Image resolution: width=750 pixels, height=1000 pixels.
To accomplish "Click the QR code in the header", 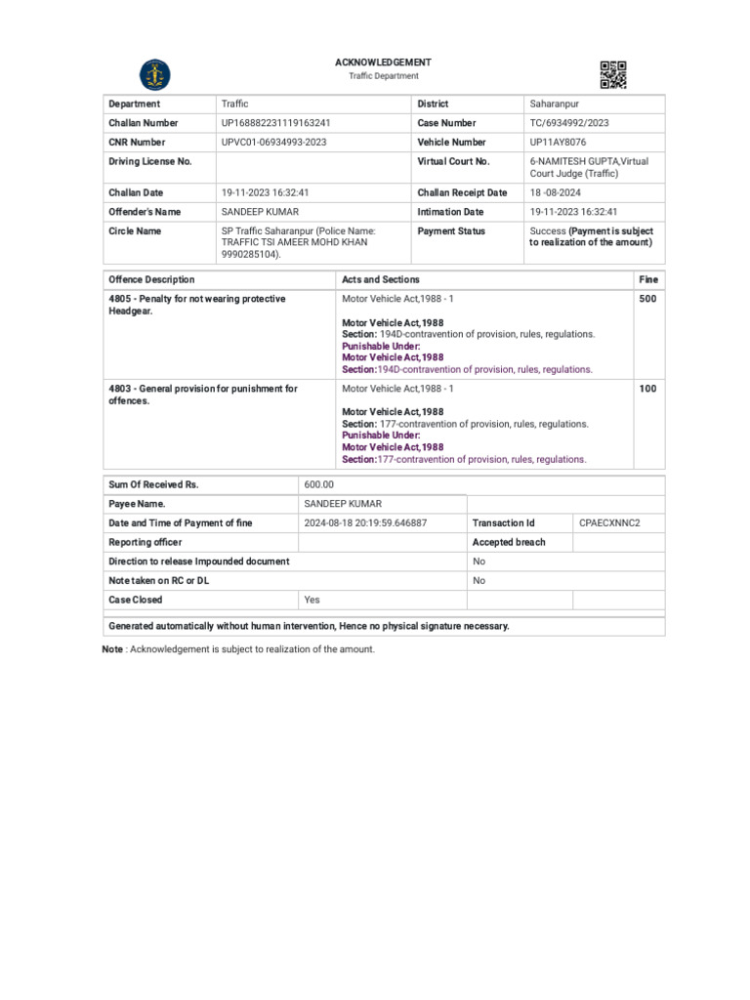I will pyautogui.click(x=612, y=74).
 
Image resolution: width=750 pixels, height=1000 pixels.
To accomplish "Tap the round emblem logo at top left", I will pyautogui.click(x=154, y=74).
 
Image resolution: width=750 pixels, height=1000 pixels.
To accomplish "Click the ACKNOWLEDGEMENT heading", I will pyautogui.click(x=383, y=62).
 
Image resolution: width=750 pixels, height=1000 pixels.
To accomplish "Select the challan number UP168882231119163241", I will pyautogui.click(x=276, y=123).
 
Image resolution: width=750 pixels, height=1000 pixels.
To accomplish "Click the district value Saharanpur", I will pyautogui.click(x=554, y=104).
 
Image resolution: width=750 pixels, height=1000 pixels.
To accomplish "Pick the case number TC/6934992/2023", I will pyautogui.click(x=569, y=123).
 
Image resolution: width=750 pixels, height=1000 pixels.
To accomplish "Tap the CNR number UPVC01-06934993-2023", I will pyautogui.click(x=274, y=143).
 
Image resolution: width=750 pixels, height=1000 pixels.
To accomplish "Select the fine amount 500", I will pyautogui.click(x=647, y=300).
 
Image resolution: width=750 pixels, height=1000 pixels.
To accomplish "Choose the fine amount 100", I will pyautogui.click(x=647, y=389).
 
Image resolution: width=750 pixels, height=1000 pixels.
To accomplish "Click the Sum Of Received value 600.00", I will pyautogui.click(x=319, y=484).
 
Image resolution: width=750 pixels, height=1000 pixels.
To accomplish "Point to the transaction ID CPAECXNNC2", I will pyautogui.click(x=609, y=523).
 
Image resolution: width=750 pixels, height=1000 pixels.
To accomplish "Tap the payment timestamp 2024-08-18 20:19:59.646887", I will pyautogui.click(x=365, y=523).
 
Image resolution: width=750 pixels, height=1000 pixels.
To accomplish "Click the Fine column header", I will pyautogui.click(x=648, y=280).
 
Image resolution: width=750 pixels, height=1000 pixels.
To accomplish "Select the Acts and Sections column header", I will pyautogui.click(x=381, y=280).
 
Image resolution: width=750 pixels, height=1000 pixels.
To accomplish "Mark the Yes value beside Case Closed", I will pyautogui.click(x=312, y=600).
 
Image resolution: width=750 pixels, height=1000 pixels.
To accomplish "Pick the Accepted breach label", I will pyautogui.click(x=509, y=542).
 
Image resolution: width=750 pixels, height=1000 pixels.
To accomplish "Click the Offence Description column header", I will pyautogui.click(x=151, y=280).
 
